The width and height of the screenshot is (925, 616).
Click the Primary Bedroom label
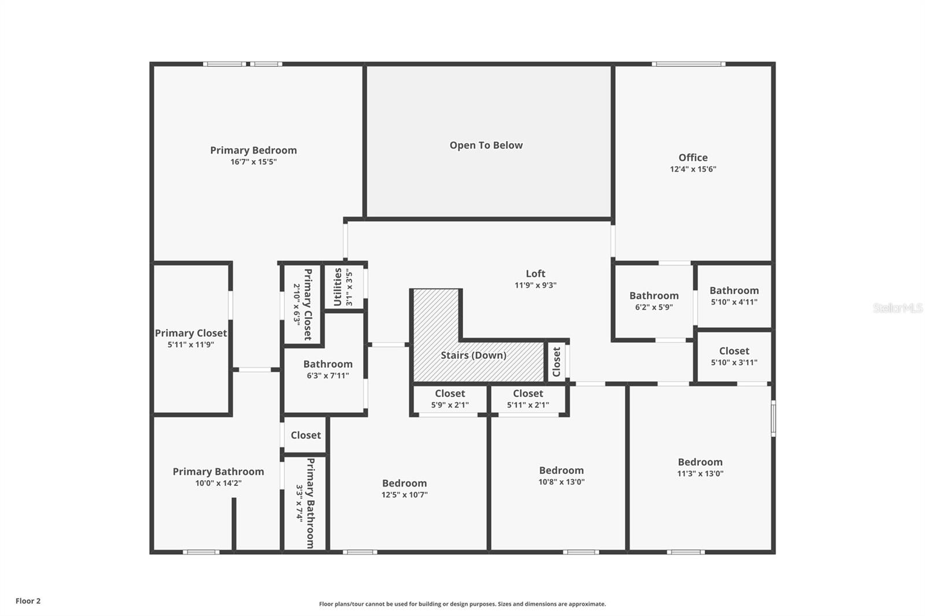point(253,151)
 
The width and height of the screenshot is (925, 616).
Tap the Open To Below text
point(486,146)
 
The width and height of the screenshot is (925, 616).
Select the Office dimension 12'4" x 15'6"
point(693,169)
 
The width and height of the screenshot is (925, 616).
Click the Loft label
point(535,274)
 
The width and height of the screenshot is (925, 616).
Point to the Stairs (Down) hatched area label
point(473,355)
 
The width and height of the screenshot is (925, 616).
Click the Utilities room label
point(338,287)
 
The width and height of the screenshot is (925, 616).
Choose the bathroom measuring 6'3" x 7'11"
point(327,369)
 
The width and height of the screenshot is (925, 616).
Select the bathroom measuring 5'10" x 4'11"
point(734,295)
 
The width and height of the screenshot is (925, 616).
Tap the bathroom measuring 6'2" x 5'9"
point(654,300)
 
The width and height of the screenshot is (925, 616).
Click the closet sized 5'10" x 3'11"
point(734,356)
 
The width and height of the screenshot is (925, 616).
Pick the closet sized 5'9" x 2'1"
point(450,399)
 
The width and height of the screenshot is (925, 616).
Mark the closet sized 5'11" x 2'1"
point(528,399)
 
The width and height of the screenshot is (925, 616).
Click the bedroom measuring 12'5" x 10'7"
point(404,488)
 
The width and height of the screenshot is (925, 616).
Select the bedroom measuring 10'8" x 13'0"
point(561,476)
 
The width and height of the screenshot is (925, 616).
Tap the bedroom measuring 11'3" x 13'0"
point(700,467)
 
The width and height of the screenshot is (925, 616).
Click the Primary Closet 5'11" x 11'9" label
point(191,338)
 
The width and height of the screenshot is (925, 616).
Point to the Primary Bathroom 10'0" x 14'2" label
point(218,477)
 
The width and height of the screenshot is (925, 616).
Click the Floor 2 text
point(28,601)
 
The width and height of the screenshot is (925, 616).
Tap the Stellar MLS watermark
point(897,308)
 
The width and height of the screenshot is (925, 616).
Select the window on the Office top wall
point(688,64)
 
